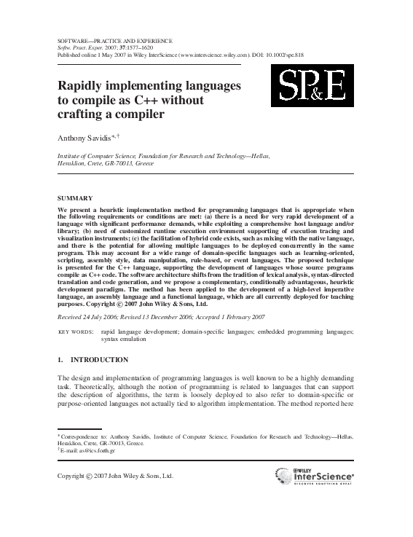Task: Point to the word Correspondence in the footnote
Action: (82, 436)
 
